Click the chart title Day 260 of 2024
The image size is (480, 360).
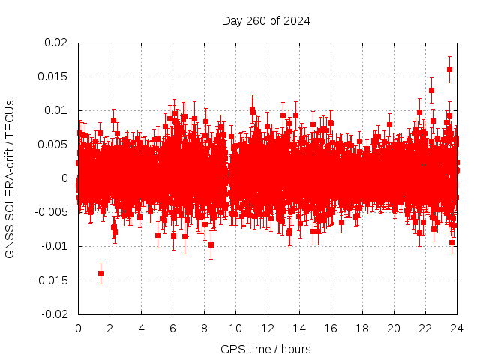265,20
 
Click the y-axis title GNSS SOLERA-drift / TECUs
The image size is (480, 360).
10,178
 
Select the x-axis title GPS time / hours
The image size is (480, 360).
265,349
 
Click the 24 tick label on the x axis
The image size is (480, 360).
456,328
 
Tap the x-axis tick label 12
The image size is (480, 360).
267,328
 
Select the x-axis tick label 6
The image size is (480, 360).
172,328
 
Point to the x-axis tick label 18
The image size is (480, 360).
361,328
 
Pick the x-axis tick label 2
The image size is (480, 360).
109,328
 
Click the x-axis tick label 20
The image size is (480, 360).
393,328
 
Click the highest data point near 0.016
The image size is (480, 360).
449,69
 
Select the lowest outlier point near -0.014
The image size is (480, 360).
100,273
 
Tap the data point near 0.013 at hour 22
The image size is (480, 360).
431,90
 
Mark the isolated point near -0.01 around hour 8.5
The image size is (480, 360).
211,244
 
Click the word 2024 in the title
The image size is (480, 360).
296,20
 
